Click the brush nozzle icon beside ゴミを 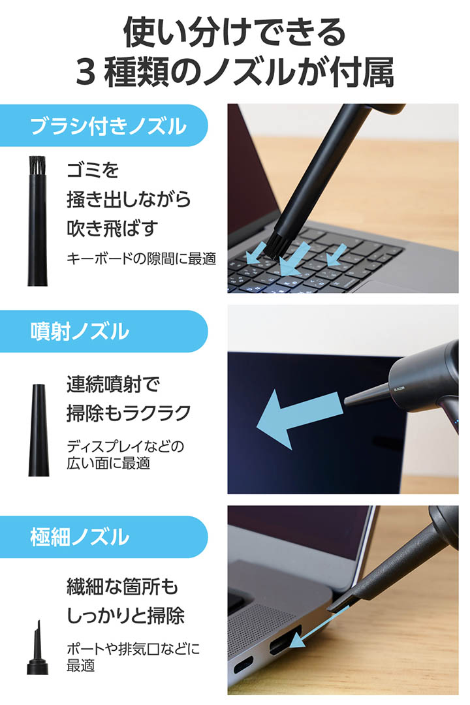click(x=37, y=221)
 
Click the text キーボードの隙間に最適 click(x=141, y=258)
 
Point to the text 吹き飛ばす click(x=112, y=228)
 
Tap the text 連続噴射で click(x=113, y=384)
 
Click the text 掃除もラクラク click(x=129, y=413)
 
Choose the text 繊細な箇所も click(x=122, y=587)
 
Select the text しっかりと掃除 click(x=125, y=616)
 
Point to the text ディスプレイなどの click(x=125, y=446)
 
